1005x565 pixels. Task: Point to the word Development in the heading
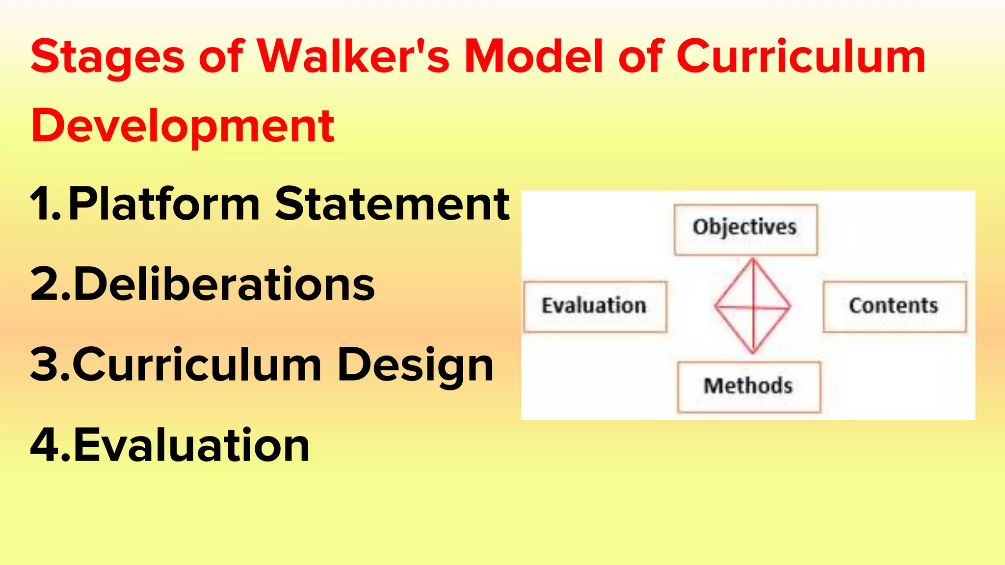(183, 127)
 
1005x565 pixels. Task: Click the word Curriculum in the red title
(800, 57)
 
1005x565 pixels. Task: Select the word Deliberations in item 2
(224, 284)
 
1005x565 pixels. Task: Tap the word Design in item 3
(416, 366)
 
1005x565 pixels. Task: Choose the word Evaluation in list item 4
(191, 445)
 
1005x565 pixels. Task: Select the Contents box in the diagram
(894, 307)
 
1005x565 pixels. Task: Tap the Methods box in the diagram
(748, 387)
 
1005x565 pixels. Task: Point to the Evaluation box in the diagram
(595, 307)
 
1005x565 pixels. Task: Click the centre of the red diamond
(753, 307)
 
